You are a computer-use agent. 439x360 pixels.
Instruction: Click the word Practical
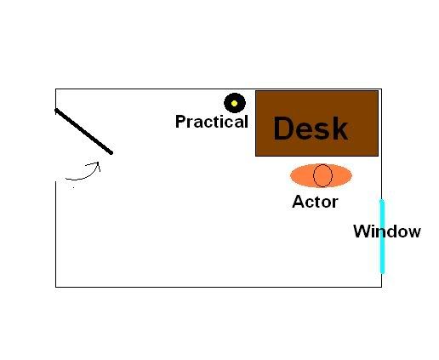pos(212,122)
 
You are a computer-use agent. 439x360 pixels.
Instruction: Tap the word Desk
pos(311,129)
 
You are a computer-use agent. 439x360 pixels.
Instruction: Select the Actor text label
pos(315,202)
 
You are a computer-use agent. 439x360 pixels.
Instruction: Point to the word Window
pos(387,231)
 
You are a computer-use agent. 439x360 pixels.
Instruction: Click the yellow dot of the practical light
pos(234,104)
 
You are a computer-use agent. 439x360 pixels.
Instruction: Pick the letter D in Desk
pos(283,129)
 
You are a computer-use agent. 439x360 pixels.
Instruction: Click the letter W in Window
pos(362,231)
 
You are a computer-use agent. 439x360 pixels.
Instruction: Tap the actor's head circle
pos(322,175)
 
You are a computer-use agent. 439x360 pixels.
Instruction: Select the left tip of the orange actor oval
pos(290,175)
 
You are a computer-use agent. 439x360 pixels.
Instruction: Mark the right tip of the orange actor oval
pos(352,175)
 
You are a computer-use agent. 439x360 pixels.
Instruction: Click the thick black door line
pos(83,131)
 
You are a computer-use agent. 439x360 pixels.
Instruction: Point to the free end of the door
pos(111,153)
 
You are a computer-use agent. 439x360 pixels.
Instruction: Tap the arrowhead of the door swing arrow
pos(98,163)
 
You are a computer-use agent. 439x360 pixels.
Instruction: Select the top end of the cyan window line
pos(382,200)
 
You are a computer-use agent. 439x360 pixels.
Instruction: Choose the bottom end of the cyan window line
pos(382,272)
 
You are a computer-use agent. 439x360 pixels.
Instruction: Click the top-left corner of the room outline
pos(56,89)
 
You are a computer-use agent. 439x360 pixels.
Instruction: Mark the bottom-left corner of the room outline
pos(56,287)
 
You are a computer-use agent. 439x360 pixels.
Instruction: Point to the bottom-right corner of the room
pos(381,287)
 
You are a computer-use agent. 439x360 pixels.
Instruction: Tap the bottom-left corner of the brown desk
pos(256,156)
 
